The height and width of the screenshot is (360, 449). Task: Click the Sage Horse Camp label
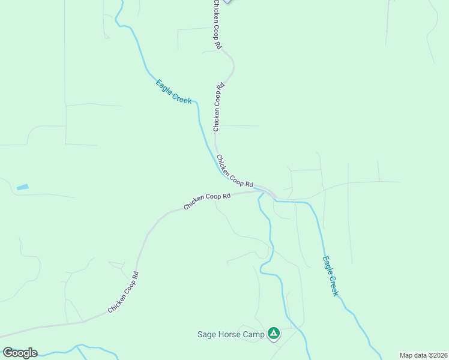[x=231, y=334]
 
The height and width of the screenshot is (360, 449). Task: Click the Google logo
[x=20, y=353]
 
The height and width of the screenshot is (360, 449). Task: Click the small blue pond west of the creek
[x=22, y=188]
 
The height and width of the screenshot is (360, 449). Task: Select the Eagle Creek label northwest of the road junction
[x=173, y=92]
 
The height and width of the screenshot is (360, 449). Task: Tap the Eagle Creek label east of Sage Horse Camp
[x=330, y=276]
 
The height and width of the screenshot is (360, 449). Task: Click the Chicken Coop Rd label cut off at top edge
[x=217, y=24]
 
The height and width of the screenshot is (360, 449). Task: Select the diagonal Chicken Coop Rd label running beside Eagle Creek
[x=235, y=172]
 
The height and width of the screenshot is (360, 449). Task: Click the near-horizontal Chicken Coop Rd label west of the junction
[x=207, y=201]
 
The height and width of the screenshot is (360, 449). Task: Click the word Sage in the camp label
[x=207, y=334]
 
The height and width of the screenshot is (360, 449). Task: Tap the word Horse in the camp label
[x=229, y=334]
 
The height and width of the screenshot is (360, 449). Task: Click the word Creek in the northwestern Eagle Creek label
[x=181, y=97]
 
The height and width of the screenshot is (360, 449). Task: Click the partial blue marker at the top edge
[x=227, y=2]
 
